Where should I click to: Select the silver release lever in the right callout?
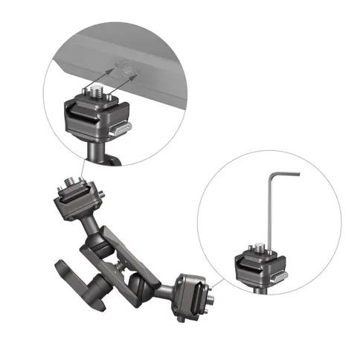click(x=277, y=277)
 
